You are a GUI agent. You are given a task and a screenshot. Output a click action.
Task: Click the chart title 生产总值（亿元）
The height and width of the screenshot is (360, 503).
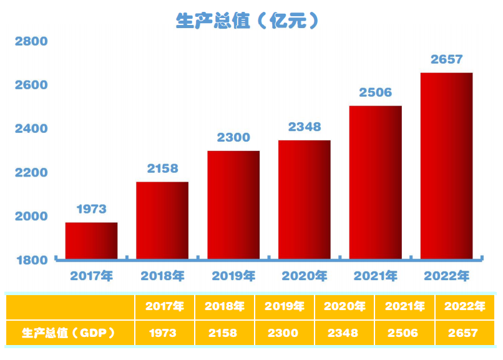[x=248, y=21]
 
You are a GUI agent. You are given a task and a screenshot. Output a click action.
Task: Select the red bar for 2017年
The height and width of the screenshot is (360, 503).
[x=91, y=240]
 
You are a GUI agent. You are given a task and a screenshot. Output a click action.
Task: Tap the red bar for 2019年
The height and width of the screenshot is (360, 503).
[x=233, y=205]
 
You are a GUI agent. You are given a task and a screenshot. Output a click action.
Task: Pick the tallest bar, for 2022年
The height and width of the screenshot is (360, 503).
[x=446, y=165]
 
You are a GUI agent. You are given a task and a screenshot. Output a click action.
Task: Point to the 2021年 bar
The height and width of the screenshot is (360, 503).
[x=375, y=182]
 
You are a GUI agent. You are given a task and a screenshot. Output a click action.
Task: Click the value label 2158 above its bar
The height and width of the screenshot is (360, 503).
[x=162, y=168]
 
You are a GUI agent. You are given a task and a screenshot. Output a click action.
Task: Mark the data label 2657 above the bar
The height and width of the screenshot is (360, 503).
[x=446, y=59]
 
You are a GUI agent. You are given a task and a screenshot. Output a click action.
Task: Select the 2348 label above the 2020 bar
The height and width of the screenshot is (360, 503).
[x=305, y=127]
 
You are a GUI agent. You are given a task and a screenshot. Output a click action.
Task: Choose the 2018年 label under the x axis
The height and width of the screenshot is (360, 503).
[x=162, y=275]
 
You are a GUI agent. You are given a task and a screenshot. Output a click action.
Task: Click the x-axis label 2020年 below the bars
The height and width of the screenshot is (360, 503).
[x=305, y=275]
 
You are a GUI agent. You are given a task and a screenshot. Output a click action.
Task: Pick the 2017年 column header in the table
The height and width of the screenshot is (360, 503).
[x=164, y=306]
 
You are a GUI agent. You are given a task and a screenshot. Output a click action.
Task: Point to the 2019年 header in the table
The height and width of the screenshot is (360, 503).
[x=285, y=306]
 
